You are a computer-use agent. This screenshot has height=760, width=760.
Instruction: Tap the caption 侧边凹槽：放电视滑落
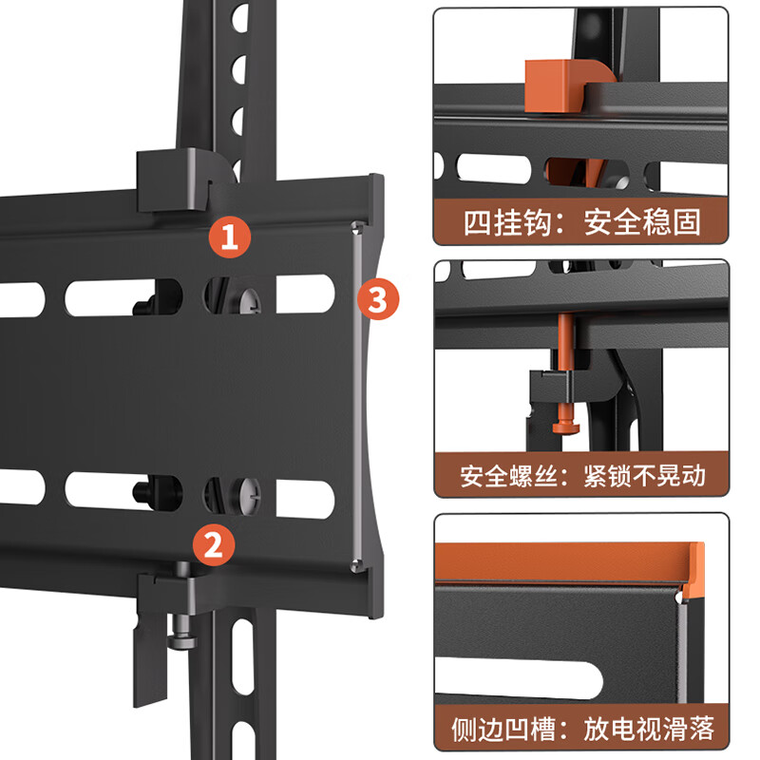[x=581, y=730]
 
